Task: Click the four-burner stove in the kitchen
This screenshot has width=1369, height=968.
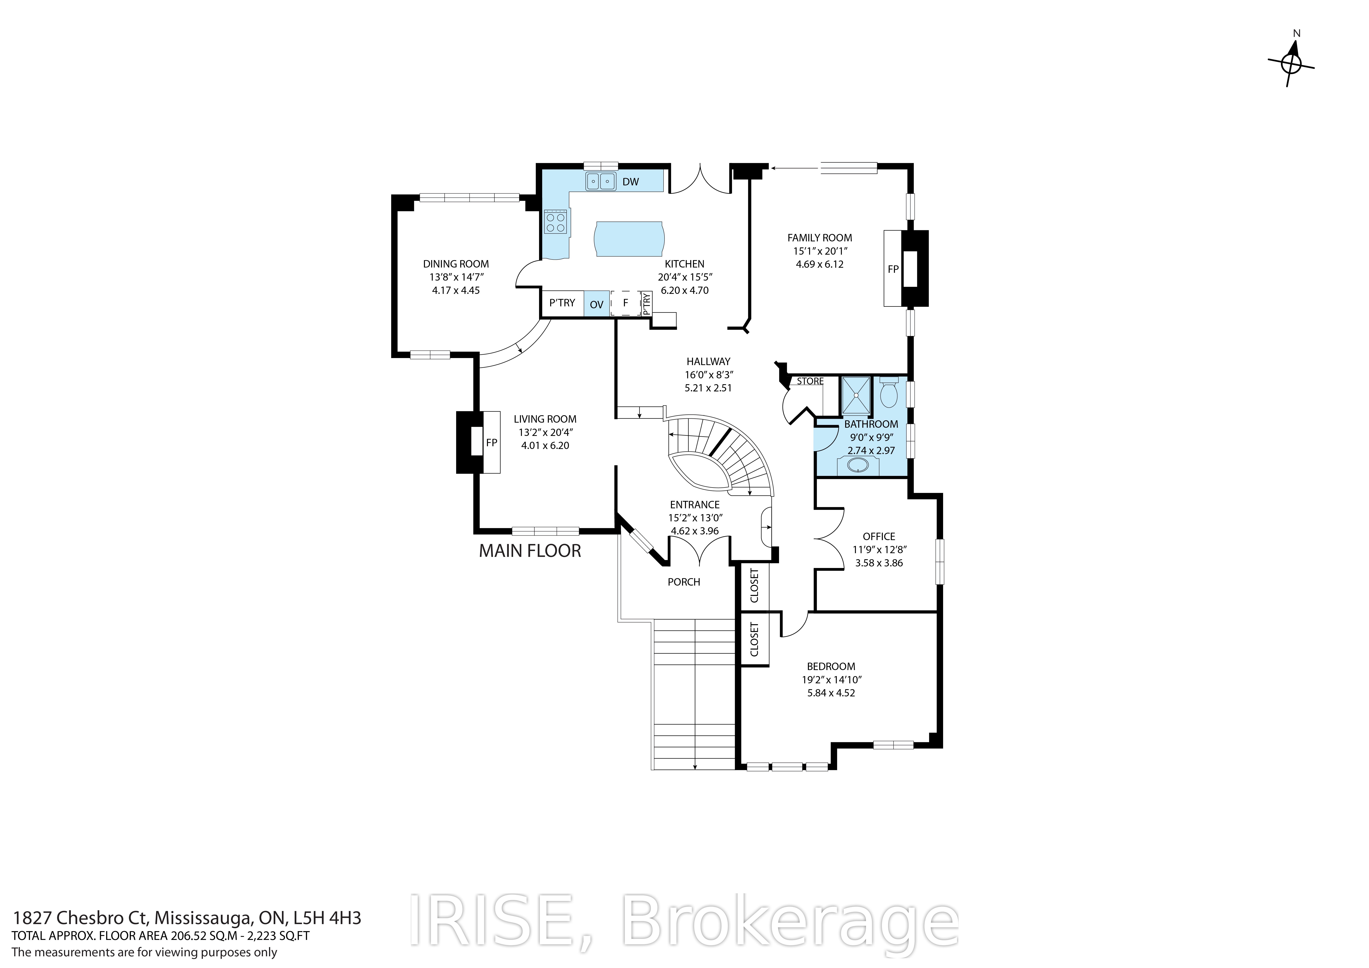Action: click(x=138, y=222)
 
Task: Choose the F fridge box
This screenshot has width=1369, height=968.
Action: click(x=625, y=303)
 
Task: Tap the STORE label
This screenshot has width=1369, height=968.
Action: click(x=810, y=381)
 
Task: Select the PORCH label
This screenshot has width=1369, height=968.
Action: click(x=684, y=581)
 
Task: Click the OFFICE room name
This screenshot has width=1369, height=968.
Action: click(x=879, y=536)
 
